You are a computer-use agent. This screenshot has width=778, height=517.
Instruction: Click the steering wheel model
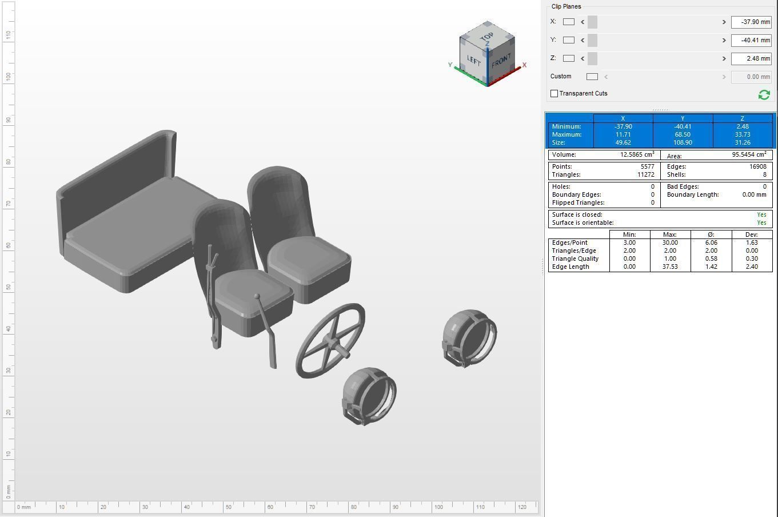pyautogui.click(x=330, y=341)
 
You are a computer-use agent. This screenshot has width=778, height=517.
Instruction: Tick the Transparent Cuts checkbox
pyautogui.click(x=554, y=93)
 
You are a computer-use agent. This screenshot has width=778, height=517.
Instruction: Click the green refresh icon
pyautogui.click(x=764, y=94)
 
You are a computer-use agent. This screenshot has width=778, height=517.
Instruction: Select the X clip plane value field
pyautogui.click(x=751, y=22)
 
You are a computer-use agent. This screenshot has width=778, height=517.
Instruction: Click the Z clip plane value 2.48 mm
pyautogui.click(x=751, y=58)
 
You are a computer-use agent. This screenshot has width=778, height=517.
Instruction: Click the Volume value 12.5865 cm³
pyautogui.click(x=637, y=155)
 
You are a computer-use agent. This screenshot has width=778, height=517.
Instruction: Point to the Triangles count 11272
pyautogui.click(x=645, y=174)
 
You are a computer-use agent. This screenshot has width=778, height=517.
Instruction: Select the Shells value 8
pyautogui.click(x=764, y=174)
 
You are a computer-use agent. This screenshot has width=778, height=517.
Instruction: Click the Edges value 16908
pyautogui.click(x=757, y=166)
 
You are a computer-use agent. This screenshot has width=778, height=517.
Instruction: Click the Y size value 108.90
pyautogui.click(x=683, y=142)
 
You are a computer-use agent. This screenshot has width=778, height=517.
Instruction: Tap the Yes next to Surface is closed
pyautogui.click(x=761, y=214)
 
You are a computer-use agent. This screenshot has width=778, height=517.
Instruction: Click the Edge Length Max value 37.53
pyautogui.click(x=670, y=267)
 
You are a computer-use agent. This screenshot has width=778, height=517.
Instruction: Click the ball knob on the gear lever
pyautogui.click(x=257, y=296)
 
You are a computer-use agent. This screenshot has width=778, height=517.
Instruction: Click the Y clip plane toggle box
pyautogui.click(x=568, y=40)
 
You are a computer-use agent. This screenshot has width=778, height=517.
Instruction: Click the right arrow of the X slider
pyautogui.click(x=724, y=22)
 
